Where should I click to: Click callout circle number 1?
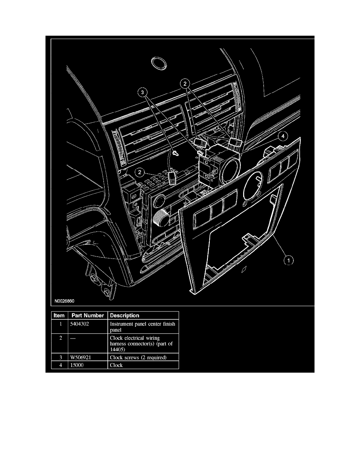[288, 260]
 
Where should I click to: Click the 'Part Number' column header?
[87, 315]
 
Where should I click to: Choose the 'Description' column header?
[124, 315]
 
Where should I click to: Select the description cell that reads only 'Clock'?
[116, 365]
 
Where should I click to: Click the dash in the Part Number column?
[73, 338]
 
